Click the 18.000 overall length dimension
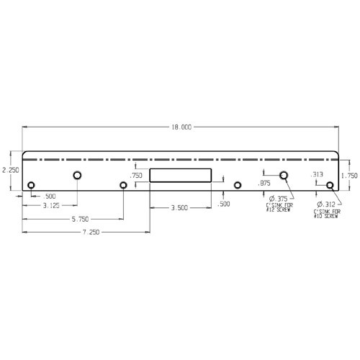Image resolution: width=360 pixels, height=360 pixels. click(x=181, y=127)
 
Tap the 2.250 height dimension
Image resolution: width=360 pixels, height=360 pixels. click(x=9, y=170)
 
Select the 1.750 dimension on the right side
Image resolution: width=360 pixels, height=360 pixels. click(x=349, y=175)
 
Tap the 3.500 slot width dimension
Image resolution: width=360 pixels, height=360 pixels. click(x=179, y=207)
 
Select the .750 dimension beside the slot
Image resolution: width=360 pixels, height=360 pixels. click(x=135, y=175)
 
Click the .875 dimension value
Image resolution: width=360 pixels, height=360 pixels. click(x=264, y=184)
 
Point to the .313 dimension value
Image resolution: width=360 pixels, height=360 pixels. click(x=316, y=174)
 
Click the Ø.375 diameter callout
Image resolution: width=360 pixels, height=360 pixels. click(x=278, y=199)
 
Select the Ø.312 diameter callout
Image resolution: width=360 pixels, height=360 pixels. click(x=326, y=204)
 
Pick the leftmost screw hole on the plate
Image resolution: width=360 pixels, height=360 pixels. click(x=31, y=186)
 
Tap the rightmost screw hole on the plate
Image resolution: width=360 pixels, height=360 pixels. click(x=330, y=186)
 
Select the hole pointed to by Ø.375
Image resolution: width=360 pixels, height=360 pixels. click(x=284, y=175)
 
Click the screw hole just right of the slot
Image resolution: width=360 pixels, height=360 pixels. click(x=238, y=185)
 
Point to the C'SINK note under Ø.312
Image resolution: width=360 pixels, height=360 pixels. click(x=326, y=214)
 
